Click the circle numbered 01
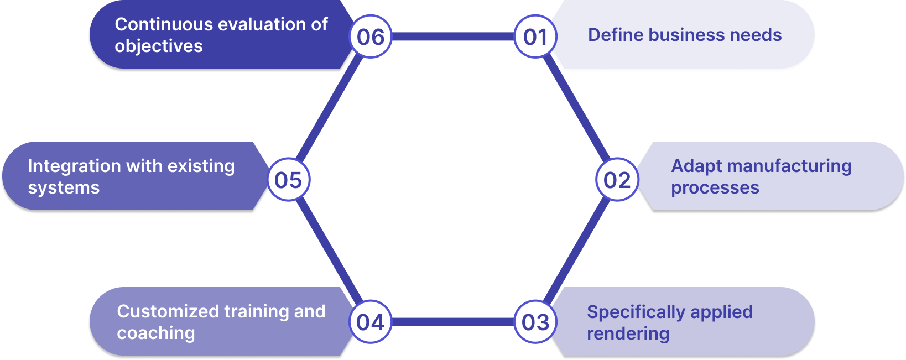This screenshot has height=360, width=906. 535,36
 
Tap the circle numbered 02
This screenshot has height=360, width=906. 617,179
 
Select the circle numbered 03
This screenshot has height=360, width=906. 535,322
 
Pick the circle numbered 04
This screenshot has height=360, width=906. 370,322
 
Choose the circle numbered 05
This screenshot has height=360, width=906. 288,179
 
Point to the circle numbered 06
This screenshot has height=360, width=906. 370,36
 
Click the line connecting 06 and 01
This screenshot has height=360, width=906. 453,36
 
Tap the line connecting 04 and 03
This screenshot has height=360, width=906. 453,322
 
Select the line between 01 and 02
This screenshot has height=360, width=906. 576,108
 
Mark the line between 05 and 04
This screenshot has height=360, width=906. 329,251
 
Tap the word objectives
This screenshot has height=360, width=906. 159,46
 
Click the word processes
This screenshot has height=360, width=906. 715,188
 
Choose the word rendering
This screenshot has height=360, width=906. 628,333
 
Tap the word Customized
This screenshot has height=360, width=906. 168,311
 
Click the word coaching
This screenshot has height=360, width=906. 156,333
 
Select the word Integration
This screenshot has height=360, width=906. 75,166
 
